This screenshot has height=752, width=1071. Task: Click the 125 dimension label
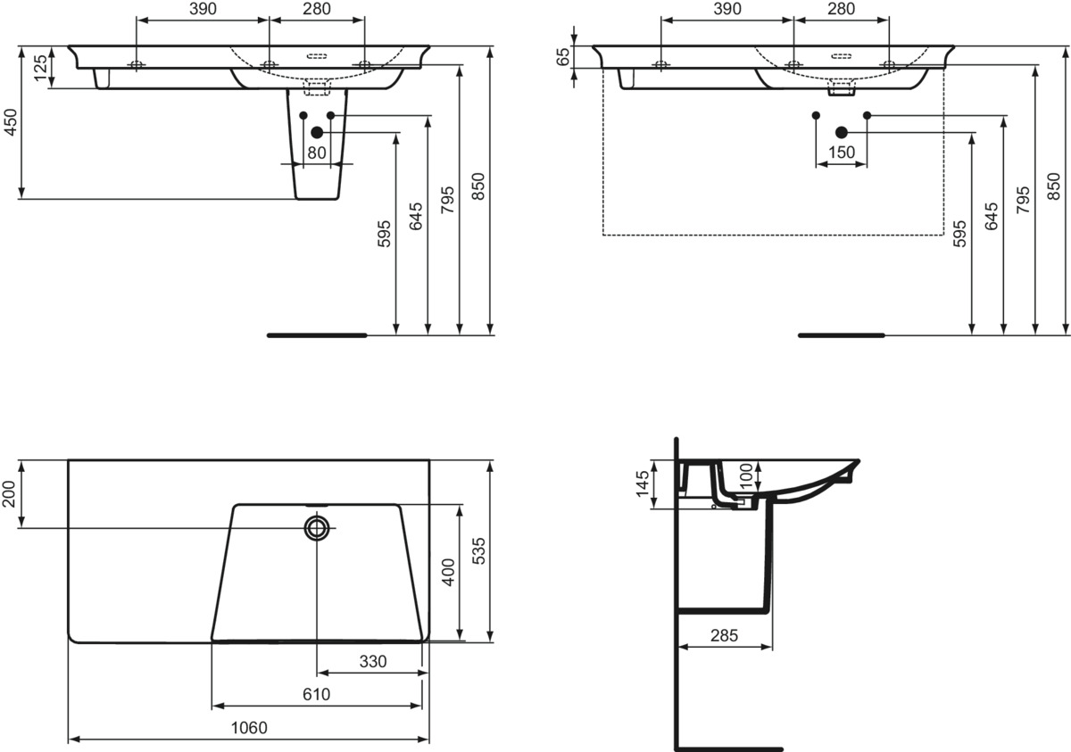[41, 68]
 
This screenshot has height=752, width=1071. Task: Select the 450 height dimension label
[11, 122]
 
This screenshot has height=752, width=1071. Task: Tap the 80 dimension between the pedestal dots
[317, 153]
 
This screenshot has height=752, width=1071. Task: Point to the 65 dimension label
[564, 56]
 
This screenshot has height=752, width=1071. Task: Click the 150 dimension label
[841, 153]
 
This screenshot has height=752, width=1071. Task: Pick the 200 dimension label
[10, 493]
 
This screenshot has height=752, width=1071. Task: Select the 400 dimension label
[448, 572]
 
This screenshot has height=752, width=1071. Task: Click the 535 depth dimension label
[478, 551]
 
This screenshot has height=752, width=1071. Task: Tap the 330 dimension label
[373, 661]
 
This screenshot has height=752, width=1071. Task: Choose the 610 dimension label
[317, 694]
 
